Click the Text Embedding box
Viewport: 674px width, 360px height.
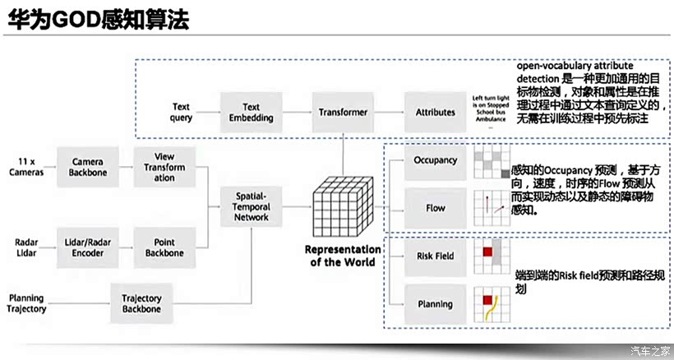(x=252, y=112)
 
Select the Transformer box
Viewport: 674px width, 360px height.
(x=343, y=112)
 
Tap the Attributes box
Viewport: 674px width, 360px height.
(x=435, y=112)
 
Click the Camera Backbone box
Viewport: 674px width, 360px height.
(x=87, y=167)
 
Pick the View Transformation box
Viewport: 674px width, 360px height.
(x=164, y=167)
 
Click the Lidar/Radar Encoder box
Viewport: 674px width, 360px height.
(x=87, y=247)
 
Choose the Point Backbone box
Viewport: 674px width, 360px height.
(x=164, y=247)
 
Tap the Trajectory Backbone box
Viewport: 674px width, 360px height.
(x=142, y=303)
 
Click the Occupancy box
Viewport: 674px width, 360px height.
(x=435, y=160)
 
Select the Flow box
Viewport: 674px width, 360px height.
(x=435, y=208)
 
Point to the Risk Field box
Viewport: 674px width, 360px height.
(x=435, y=256)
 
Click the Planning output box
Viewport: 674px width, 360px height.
(x=435, y=303)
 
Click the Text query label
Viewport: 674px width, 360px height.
(x=181, y=112)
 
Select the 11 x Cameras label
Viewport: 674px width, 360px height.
(x=26, y=167)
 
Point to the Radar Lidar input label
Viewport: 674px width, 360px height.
(x=26, y=247)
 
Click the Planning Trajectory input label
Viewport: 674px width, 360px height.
(x=26, y=303)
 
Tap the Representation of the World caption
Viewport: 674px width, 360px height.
(x=344, y=256)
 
